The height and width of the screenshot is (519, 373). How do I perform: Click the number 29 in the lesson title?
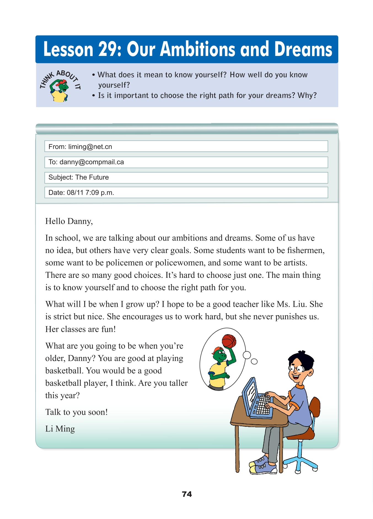coord(110,50)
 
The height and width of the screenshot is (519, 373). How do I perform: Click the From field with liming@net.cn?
coord(186,146)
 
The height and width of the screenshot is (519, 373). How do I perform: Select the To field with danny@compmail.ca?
coord(186,162)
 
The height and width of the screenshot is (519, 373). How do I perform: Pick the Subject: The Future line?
coord(186,178)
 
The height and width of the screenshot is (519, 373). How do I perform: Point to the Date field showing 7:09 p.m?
coord(186,192)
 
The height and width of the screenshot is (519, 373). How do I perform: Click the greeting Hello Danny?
coord(69,221)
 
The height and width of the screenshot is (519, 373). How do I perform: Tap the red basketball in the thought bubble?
coord(229,341)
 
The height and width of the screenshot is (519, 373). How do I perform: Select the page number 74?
coord(187,494)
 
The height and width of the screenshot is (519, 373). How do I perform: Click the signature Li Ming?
coord(60,429)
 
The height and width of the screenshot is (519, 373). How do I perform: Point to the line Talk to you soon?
coord(76,412)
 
